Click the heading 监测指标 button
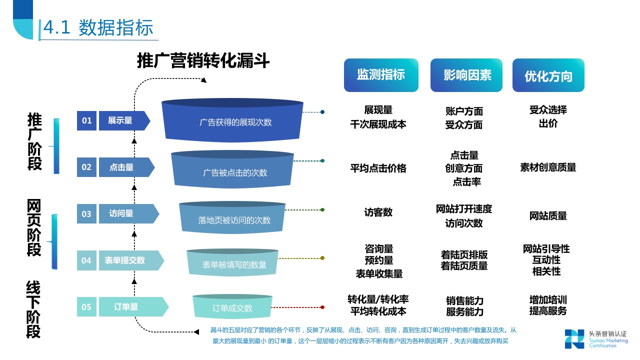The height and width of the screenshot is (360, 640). pos(381,75)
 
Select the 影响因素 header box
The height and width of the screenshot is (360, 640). pos(466,75)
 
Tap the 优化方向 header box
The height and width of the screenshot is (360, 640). pos(548,75)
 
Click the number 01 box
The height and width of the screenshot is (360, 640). pos(87,120)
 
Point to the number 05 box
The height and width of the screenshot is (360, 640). pos(86,307)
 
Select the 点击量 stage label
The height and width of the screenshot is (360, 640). pos(122,167)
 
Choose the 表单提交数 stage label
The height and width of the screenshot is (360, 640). pos(125,260)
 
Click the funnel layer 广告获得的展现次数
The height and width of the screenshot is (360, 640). pos(232,121)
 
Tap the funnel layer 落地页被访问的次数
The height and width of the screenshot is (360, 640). pos(232,219)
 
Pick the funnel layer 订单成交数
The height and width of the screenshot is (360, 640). pos(232,307)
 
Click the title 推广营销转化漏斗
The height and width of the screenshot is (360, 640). pos(203,61)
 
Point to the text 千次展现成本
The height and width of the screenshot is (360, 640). pos(378,124)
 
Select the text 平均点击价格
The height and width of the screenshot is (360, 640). pos(378,168)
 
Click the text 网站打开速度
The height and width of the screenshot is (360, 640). pos(464,209)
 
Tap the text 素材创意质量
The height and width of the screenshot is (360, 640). pos(548,167)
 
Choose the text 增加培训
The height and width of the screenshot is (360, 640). pos(548,300)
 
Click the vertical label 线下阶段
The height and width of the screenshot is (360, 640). pos(33,310)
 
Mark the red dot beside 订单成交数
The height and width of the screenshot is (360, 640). pos(322,307)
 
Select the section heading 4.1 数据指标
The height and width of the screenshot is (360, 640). pos(98,28)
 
